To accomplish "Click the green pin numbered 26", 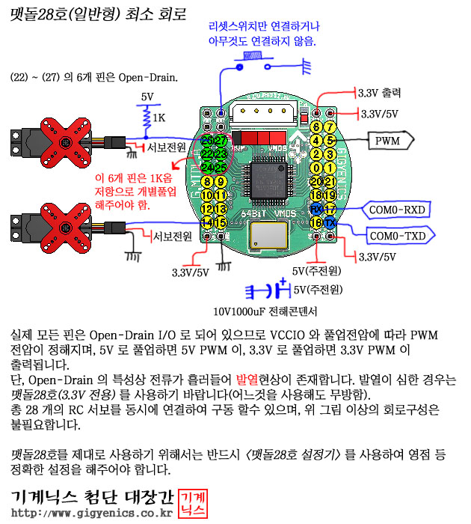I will point(208,140).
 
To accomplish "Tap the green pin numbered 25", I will point(221,166).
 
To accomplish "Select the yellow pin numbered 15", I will point(221,222).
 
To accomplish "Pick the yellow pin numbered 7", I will point(329,127).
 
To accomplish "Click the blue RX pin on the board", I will point(316,209).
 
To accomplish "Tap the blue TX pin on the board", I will point(330,222).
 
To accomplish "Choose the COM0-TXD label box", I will point(400,236).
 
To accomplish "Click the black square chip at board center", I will point(268,179).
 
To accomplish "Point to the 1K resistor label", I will point(158,118).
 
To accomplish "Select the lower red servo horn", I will point(67,222).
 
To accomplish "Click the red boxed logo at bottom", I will point(195,503).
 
